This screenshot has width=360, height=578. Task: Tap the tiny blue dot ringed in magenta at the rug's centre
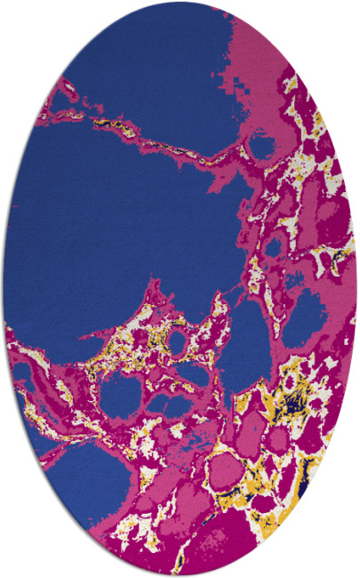[178, 341]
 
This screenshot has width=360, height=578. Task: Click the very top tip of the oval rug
[180, 3]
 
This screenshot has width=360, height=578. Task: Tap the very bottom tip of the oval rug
[180, 575]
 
